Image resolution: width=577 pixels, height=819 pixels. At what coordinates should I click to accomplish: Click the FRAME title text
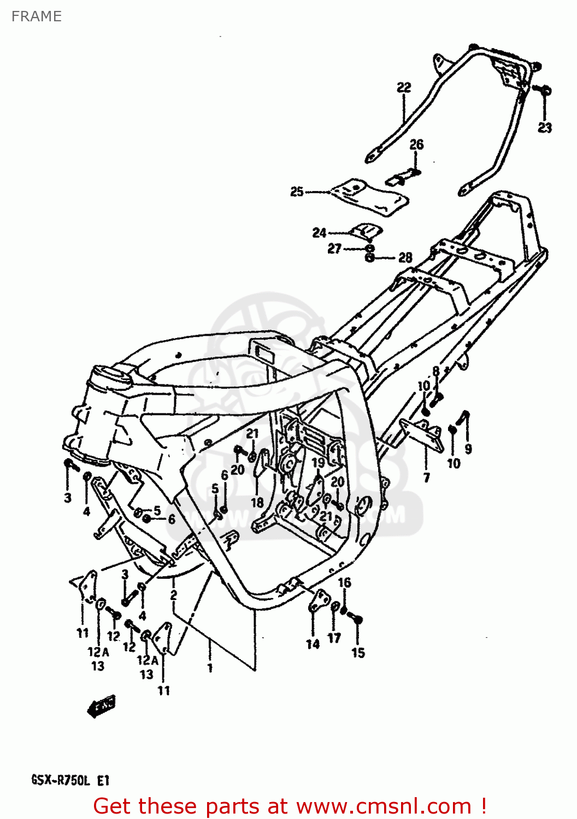[36, 16]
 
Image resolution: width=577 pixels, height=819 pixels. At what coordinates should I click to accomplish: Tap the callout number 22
[404, 87]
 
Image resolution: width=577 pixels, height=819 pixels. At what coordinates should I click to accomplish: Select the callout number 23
[545, 128]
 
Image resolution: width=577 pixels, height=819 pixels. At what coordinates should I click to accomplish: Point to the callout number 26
[416, 145]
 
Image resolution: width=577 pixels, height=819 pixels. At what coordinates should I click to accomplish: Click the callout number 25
[297, 192]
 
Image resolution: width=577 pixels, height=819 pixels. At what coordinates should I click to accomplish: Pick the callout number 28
[405, 258]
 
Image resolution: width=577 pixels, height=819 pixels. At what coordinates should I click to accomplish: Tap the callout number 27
[334, 249]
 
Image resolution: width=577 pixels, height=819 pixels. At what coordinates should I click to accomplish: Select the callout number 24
[319, 233]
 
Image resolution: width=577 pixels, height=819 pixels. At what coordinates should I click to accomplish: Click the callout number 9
[468, 449]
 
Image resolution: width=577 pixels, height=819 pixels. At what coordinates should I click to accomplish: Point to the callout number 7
[427, 478]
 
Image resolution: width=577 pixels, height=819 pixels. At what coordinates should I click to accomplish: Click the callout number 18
[257, 502]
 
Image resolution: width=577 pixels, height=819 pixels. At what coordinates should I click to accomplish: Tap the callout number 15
[358, 653]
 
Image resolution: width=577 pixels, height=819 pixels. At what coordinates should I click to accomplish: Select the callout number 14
[313, 645]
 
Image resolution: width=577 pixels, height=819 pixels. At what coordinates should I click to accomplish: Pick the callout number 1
[210, 668]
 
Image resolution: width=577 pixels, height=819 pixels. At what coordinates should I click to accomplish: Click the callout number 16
[344, 583]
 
